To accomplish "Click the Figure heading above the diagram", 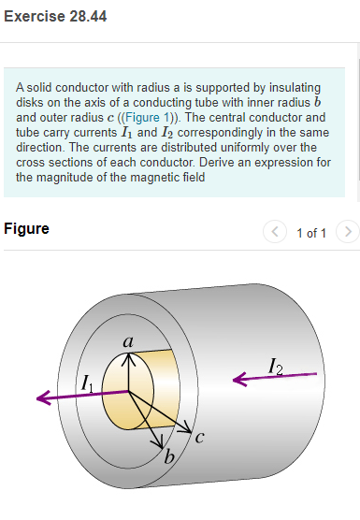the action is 26,228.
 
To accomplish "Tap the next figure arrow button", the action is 347,230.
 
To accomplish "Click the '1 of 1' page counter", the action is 311,231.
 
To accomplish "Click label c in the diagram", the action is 200,436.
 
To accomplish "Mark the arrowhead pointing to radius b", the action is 159,441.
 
